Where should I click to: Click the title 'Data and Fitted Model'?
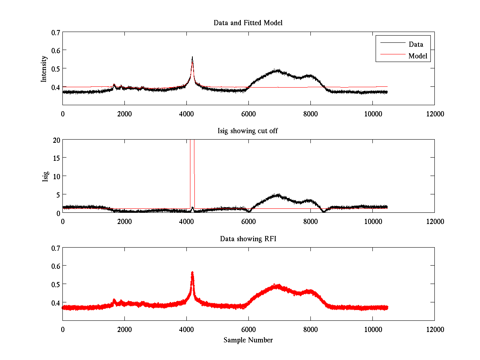click(248, 23)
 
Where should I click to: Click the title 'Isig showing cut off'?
click(248, 131)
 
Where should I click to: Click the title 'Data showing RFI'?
click(248, 239)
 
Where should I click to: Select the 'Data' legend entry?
click(416, 44)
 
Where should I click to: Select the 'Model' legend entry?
click(418, 56)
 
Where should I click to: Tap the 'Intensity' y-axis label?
click(44, 69)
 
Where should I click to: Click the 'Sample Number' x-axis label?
click(248, 340)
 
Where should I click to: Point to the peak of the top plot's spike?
click(192, 57)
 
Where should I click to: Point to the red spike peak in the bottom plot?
click(192, 272)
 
